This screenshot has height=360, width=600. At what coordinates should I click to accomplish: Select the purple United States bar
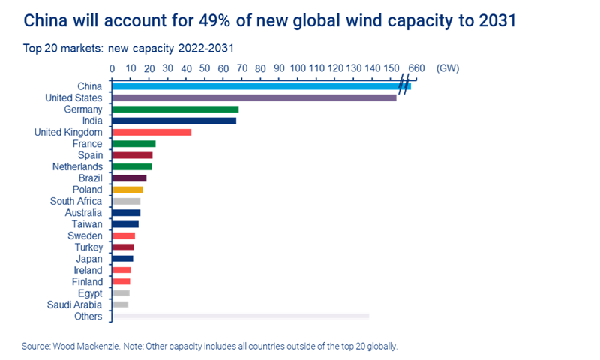click(253, 97)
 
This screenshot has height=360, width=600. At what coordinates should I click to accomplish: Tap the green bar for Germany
click(175, 109)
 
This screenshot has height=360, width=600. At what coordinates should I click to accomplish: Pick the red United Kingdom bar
click(151, 132)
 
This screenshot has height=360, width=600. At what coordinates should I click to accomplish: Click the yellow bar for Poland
click(127, 190)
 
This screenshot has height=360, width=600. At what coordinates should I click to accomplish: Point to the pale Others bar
click(240, 316)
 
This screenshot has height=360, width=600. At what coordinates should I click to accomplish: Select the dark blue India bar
click(174, 121)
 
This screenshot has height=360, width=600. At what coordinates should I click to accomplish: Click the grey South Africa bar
click(126, 201)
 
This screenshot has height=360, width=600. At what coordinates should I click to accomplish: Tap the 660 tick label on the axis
click(417, 68)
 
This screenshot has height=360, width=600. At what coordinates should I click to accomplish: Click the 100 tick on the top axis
click(298, 68)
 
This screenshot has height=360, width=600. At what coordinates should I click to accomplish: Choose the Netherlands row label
click(77, 166)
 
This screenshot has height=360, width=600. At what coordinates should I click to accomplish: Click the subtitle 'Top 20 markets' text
click(53, 48)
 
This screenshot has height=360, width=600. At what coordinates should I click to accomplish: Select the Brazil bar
click(129, 178)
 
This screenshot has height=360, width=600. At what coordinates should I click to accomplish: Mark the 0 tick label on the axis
click(112, 68)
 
